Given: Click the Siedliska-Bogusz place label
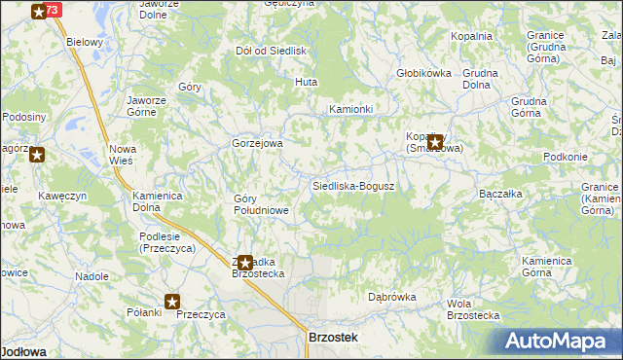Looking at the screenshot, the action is click(352, 186).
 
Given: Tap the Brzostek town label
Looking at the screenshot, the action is click(333, 337).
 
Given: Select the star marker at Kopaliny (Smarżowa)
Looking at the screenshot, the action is click(435, 141).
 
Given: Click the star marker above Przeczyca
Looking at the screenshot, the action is click(173, 303).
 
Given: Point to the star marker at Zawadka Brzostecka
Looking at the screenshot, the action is click(245, 262).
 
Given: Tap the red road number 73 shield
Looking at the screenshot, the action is click(52, 10).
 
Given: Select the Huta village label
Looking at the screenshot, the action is click(307, 83).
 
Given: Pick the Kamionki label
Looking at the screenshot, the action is click(350, 109).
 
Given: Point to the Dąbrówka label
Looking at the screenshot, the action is click(392, 298).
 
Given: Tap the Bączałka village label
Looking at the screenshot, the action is click(502, 195).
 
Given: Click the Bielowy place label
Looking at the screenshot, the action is click(84, 43).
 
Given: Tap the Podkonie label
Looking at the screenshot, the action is click(566, 158).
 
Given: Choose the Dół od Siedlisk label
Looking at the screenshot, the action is click(272, 51).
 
